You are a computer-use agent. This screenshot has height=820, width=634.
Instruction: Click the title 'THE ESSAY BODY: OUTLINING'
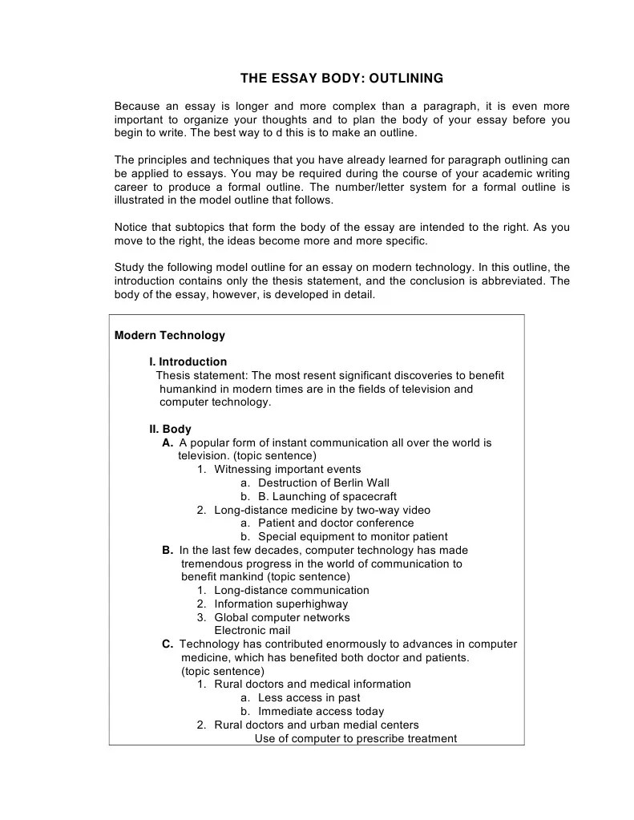341,79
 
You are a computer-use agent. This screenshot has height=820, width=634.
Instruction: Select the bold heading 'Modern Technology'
170,335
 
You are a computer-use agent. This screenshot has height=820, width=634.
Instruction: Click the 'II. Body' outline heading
171,429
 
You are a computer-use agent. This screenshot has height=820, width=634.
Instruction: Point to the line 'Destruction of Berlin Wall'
323,483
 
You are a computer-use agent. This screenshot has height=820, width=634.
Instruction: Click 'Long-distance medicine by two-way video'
321,510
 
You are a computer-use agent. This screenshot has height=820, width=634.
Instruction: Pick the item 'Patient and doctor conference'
336,523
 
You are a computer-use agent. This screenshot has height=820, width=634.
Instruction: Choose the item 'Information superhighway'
281,604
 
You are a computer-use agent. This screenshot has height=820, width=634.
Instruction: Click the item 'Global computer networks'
281,617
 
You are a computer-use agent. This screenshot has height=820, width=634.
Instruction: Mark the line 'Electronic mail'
252,630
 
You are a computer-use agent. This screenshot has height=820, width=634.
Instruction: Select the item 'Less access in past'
309,697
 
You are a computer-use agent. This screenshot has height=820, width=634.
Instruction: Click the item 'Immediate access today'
321,711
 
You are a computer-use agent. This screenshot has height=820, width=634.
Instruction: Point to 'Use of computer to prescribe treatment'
356,738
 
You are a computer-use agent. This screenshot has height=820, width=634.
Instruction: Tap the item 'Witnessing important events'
287,469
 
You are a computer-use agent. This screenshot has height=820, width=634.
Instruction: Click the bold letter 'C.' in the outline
168,644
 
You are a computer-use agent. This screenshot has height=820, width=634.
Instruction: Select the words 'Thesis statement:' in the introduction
201,375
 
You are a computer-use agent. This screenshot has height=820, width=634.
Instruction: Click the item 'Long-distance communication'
292,590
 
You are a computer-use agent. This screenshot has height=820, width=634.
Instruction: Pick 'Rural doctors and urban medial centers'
317,725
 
